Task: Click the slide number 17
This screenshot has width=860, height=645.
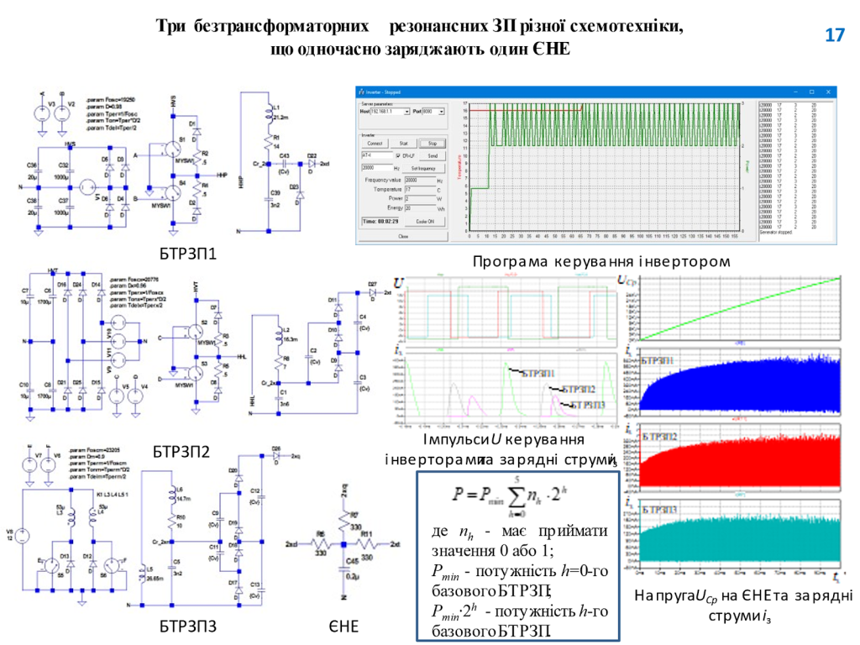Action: (x=834, y=35)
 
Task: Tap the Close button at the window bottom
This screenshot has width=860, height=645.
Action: (x=402, y=237)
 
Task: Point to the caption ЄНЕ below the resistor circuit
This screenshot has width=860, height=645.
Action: (x=343, y=626)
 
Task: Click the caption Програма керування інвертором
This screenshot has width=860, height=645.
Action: (x=601, y=262)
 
